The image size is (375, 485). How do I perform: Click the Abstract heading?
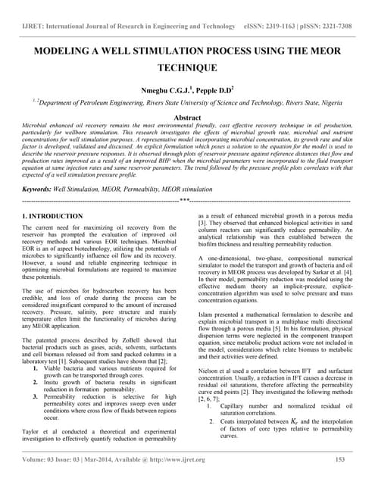tap(187, 118)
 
